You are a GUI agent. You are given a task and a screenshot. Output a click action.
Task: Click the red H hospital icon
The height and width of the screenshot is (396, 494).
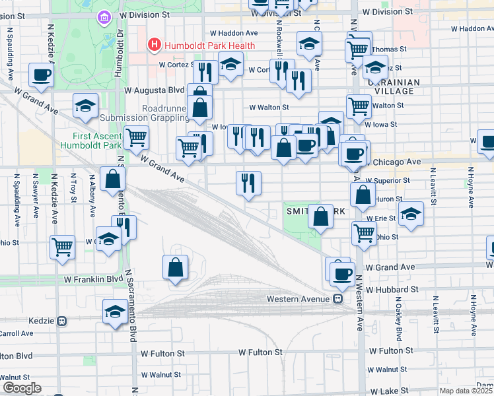tap(154, 45)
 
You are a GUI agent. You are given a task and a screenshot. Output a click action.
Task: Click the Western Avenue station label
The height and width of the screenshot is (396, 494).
tap(299, 299)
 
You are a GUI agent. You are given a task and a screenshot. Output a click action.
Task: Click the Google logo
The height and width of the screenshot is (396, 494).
tap(21, 388)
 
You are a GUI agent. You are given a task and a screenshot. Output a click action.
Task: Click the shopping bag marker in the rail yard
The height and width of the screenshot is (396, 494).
tap(175, 267)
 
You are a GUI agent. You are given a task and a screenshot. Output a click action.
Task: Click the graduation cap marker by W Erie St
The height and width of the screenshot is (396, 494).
tap(411, 213)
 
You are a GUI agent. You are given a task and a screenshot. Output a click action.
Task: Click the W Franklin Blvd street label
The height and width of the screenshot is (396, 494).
tap(93, 279)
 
